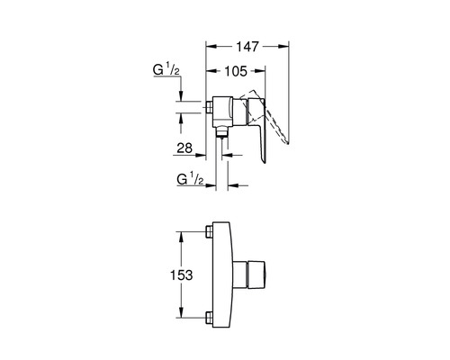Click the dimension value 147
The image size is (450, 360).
[247, 47]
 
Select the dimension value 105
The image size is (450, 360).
[236, 71]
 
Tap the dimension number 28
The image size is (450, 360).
[184, 148]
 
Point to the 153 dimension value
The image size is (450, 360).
[181, 274]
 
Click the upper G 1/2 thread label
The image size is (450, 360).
[166, 70]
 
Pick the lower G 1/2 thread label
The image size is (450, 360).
[190, 179]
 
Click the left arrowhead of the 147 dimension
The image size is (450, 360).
[211, 46]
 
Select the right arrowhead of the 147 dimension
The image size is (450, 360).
[283, 46]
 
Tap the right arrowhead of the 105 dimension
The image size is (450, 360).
[260, 71]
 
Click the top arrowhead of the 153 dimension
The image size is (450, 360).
[181, 237]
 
